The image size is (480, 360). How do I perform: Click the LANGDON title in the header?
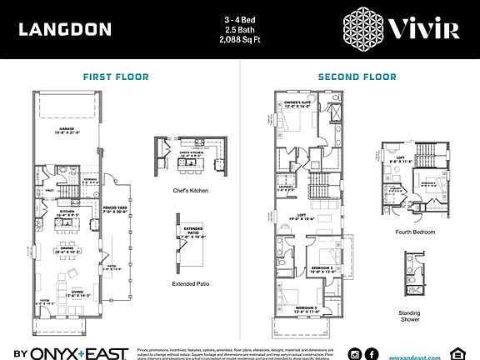(64, 30)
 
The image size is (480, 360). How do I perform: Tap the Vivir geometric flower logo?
(366, 29)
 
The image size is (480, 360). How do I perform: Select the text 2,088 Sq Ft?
(240, 39)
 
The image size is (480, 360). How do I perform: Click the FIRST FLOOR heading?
(116, 77)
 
